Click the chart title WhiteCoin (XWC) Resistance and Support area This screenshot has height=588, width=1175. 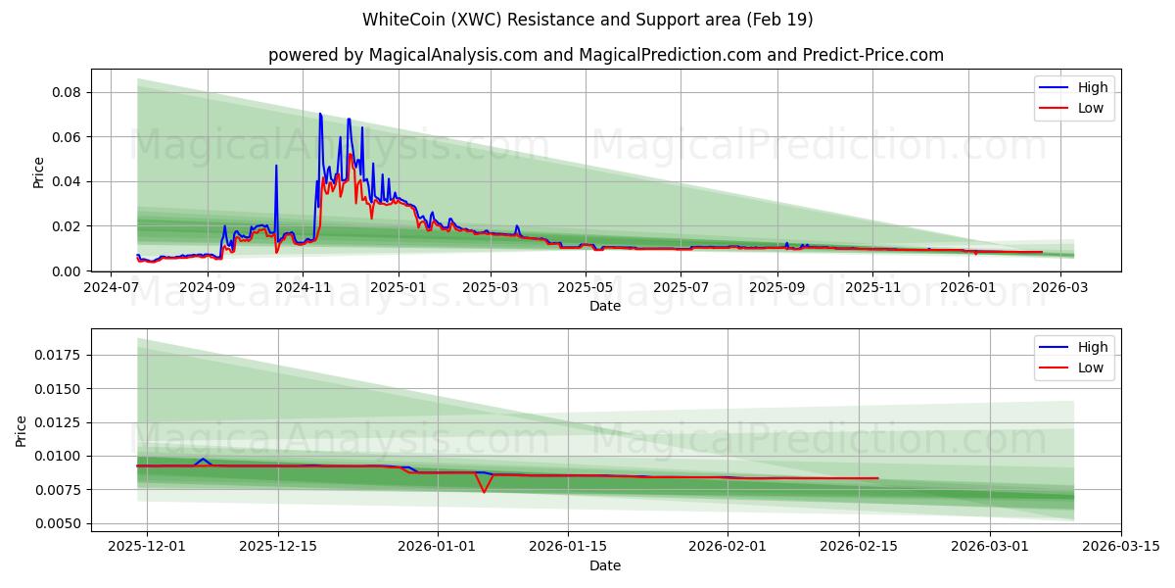[587, 20]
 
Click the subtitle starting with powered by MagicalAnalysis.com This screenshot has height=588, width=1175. [606, 55]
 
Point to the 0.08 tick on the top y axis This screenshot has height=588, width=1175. [66, 92]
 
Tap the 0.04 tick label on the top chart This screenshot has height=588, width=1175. [66, 181]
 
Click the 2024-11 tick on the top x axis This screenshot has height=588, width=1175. [303, 287]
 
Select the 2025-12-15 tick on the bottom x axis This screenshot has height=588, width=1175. [278, 547]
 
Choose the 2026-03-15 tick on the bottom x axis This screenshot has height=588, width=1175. [1121, 547]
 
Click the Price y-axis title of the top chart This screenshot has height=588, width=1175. [39, 171]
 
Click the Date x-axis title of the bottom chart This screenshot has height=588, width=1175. [605, 565]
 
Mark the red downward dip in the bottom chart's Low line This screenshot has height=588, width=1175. [484, 491]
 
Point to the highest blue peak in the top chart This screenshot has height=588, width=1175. [319, 114]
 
